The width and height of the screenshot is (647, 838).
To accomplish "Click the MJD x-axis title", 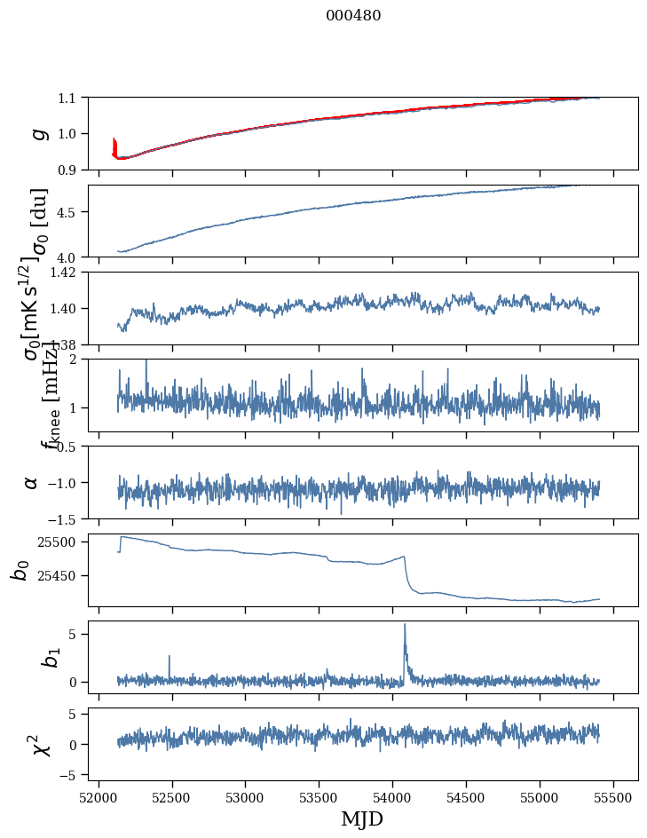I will [362, 819].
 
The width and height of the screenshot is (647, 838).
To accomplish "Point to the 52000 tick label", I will [99, 796].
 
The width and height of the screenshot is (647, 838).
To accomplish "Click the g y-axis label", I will [37, 133].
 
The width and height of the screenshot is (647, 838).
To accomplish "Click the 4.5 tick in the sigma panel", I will [69, 212].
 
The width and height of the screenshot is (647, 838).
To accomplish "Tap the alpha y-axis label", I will [32, 482].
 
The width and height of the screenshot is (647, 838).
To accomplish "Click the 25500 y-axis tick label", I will [59, 542].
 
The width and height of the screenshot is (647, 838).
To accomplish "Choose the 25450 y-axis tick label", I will [59, 576].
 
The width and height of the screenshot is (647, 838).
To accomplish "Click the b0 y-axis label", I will [20, 570].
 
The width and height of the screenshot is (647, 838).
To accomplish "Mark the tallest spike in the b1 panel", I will [405, 625].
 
